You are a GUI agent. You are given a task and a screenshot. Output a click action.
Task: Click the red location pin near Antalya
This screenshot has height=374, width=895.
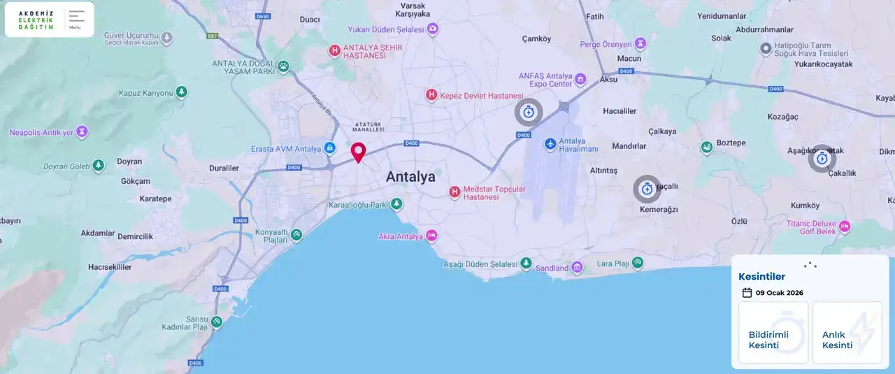pos(358,151)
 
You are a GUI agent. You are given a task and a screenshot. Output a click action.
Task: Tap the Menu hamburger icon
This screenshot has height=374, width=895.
pos(76,17)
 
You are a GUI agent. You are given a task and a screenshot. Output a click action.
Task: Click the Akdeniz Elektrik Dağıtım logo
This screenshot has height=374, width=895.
pos(36,19)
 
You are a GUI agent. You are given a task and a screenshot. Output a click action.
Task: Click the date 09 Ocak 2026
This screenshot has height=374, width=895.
pos(779,293)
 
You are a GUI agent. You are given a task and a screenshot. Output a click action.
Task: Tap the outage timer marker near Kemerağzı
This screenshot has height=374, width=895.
pos(647,189)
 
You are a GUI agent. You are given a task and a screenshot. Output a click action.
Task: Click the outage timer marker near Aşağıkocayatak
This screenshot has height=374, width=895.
pos(822,159)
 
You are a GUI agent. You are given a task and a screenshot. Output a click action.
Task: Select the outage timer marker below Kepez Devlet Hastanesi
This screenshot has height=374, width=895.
pos(529,112)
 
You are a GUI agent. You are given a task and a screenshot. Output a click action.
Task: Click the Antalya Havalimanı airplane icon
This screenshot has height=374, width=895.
pos(550,144)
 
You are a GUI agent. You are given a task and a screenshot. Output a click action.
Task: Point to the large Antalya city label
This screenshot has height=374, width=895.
pos(410,177)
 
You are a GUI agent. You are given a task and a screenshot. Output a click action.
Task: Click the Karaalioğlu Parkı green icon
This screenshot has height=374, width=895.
pos(396,205)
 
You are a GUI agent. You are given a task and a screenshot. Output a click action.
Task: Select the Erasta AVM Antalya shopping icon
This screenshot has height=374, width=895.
pos(329,149)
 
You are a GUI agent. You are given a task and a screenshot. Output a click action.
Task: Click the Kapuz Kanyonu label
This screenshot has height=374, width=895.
pos(145,93)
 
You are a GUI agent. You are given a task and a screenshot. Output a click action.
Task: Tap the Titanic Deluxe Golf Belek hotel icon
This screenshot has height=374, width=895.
pos(845,226)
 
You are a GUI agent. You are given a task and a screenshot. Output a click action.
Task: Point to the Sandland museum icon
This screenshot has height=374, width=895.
pos(577,268)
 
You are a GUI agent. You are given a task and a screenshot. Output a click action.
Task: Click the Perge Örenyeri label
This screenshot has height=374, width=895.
pos(606,45)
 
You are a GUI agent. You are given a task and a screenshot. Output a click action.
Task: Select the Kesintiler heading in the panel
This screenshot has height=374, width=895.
pos(761,276)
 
